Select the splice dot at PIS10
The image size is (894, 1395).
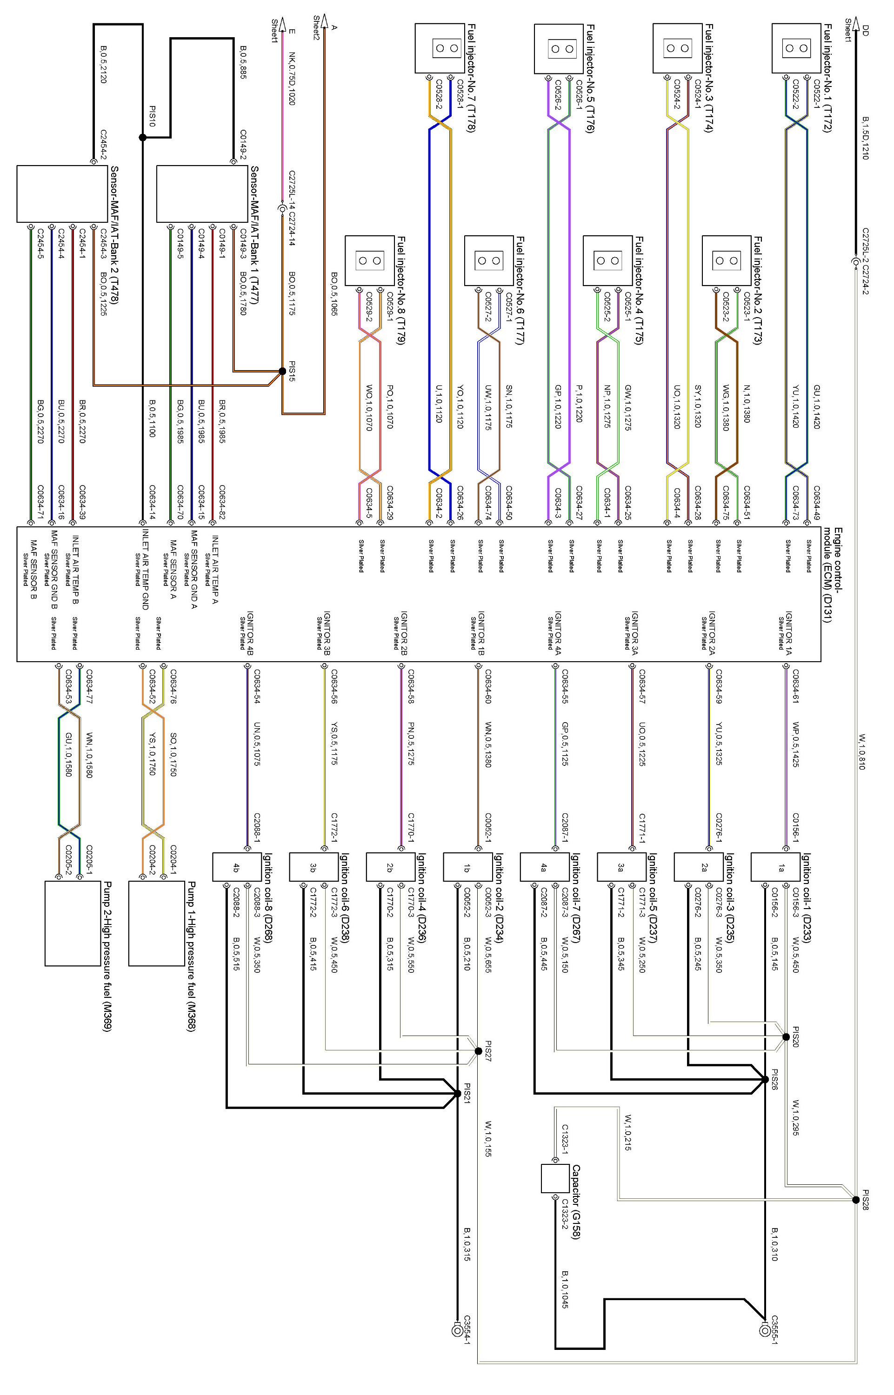point(142,138)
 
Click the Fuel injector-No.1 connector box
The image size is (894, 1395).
point(796,48)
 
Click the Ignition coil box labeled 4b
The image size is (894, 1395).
point(236,868)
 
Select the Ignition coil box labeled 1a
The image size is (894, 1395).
point(781,868)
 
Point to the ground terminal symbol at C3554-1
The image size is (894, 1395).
point(457,1330)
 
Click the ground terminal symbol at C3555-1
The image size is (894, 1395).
point(765,1330)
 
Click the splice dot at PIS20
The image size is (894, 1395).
point(786,1037)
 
